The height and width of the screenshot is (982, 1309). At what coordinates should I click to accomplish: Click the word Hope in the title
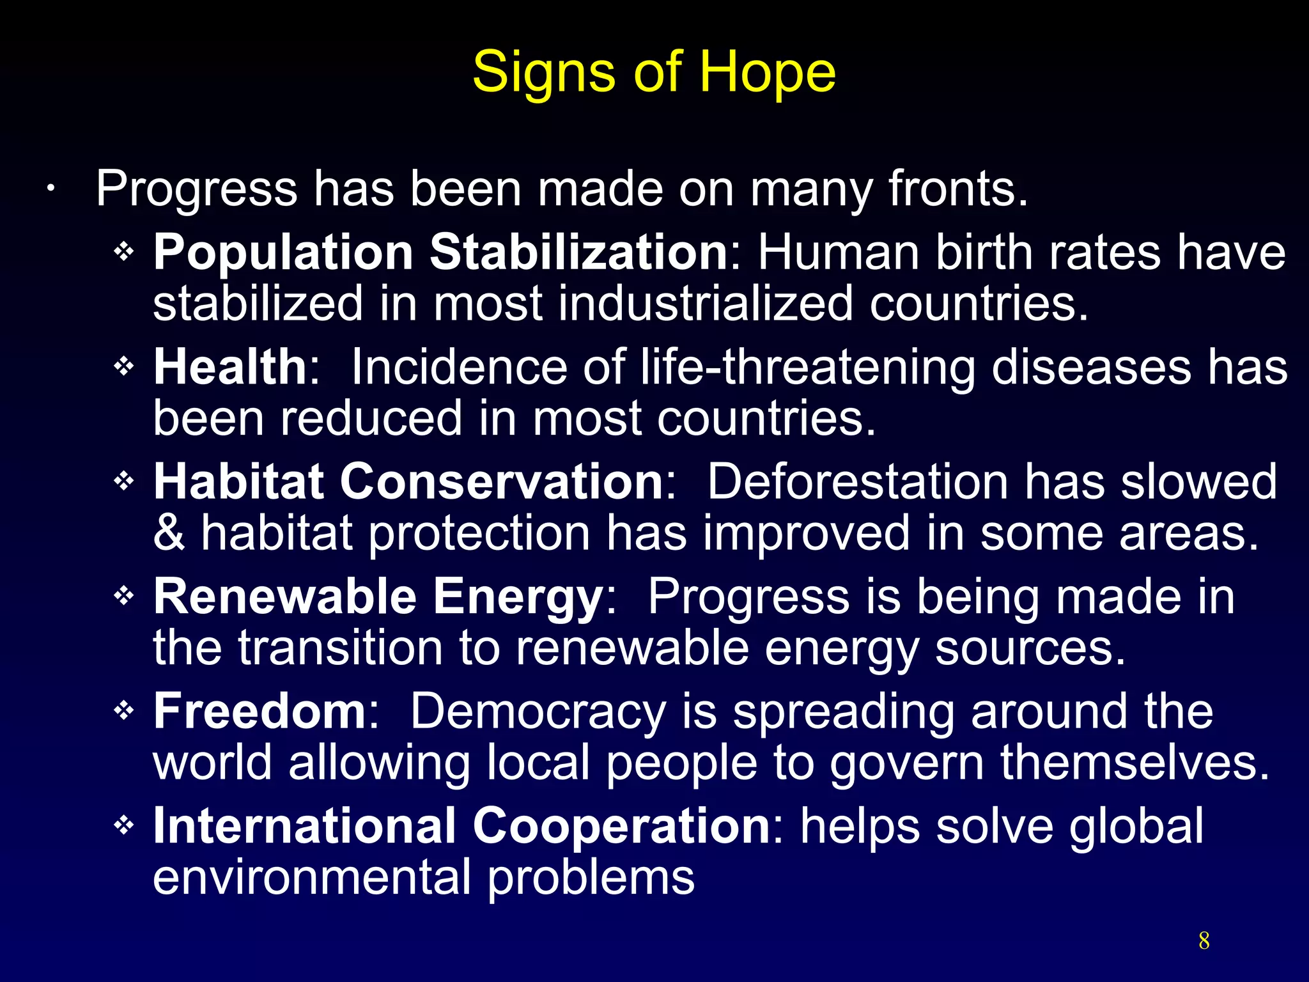click(767, 72)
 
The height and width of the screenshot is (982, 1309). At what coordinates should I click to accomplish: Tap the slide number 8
click(1204, 940)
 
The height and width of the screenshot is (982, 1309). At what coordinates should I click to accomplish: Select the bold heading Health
click(230, 367)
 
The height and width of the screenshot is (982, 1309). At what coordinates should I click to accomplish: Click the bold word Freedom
click(259, 711)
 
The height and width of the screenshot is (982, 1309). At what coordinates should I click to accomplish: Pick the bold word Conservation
click(502, 481)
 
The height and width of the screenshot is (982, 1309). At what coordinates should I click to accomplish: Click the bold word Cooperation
click(621, 825)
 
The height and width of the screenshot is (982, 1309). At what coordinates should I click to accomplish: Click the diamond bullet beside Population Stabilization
click(123, 251)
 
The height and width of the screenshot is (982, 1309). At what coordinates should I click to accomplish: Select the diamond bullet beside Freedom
click(123, 710)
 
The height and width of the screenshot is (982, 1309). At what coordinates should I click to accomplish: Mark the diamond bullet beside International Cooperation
click(123, 825)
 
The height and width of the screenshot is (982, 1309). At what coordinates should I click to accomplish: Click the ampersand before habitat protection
click(169, 533)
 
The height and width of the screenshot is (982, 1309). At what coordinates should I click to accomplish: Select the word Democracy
click(538, 711)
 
